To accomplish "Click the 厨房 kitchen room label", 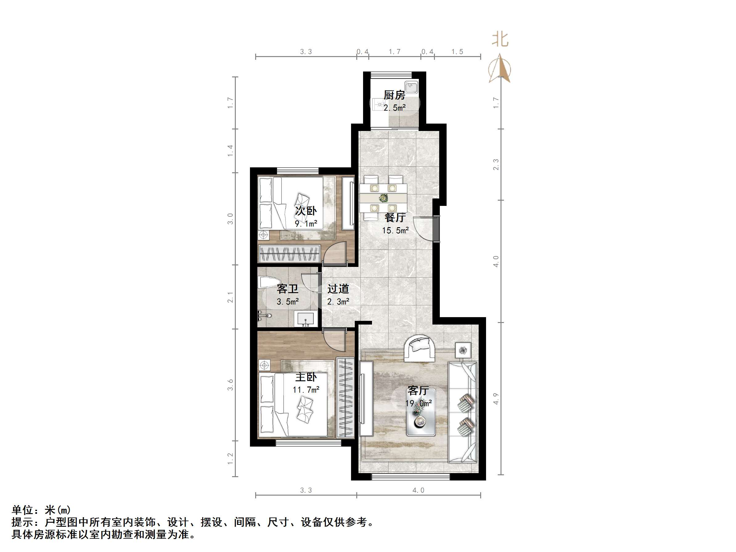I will click(394, 95).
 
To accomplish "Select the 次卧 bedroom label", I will click(306, 211).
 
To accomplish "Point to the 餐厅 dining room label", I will click(395, 217).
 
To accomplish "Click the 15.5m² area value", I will click(395, 230).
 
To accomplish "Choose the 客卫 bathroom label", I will click(288, 289).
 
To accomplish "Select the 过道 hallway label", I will click(338, 288).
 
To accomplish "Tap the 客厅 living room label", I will click(418, 390).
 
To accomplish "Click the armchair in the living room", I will click(419, 348).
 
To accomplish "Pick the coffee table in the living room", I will click(421, 418).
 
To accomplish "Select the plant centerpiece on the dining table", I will click(384, 198).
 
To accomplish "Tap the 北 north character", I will click(500, 39).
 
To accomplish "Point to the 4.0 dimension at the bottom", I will click(418, 490).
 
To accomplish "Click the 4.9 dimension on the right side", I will click(496, 399).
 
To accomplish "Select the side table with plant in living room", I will click(463, 350).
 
